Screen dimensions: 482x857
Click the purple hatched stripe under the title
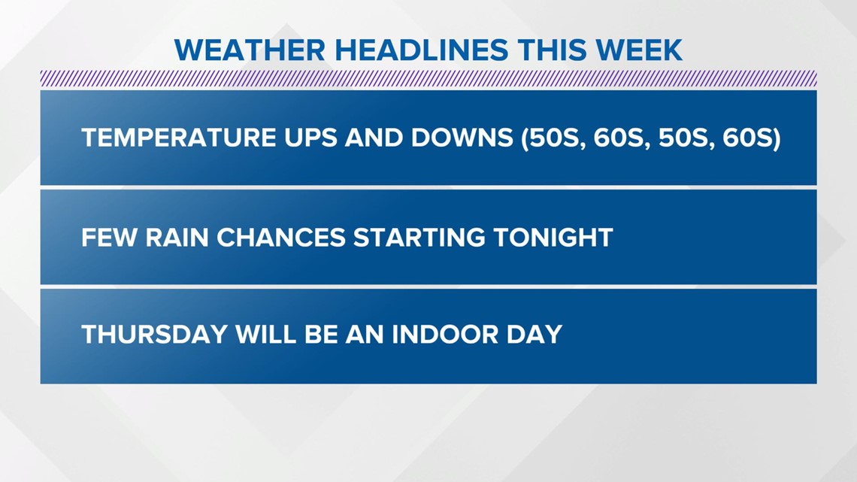[x=428, y=78]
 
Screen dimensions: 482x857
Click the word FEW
[x=108, y=238]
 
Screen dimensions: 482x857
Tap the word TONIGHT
[x=553, y=238]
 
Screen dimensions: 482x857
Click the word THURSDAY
[x=154, y=334]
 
